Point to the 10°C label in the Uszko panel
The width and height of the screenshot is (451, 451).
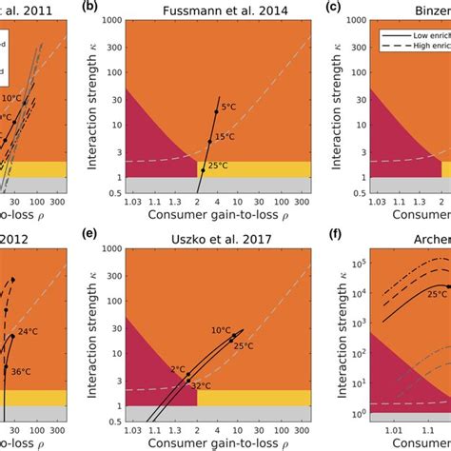(x=221, y=330)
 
